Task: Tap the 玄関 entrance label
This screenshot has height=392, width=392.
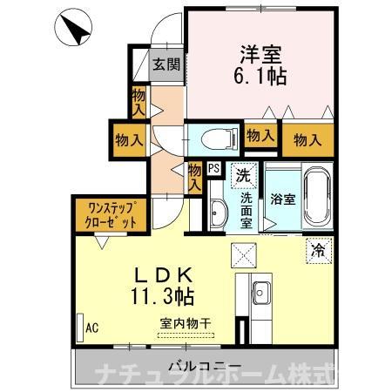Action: (x=166, y=64)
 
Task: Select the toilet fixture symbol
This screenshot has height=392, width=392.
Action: (x=213, y=138)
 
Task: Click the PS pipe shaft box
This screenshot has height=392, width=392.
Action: (x=213, y=170)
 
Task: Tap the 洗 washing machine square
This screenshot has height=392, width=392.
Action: (x=244, y=174)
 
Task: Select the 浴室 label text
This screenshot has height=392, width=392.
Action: (x=282, y=198)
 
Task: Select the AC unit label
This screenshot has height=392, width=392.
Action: (x=90, y=329)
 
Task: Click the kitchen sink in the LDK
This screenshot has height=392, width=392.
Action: (x=258, y=292)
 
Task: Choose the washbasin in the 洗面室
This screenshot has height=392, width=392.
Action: (x=217, y=209)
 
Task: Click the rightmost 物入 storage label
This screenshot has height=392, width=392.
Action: (x=308, y=137)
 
